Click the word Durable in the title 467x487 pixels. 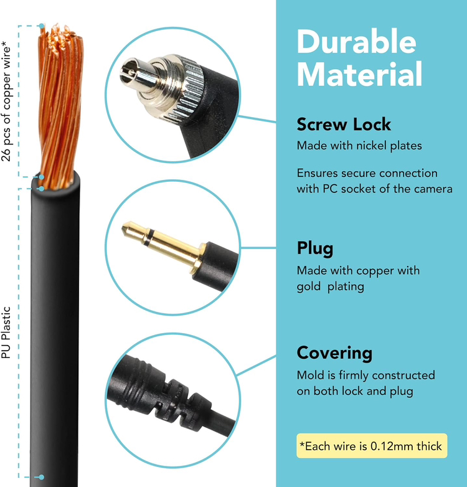(x=356, y=42)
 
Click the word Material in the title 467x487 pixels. (x=359, y=75)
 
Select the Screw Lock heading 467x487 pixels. (x=344, y=124)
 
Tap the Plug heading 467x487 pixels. (x=315, y=248)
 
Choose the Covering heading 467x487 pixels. (x=334, y=353)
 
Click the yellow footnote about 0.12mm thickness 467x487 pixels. (x=372, y=446)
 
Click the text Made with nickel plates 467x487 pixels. (x=359, y=146)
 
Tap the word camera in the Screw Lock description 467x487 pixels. (x=433, y=189)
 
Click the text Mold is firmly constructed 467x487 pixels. (x=366, y=376)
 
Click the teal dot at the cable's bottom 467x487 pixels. (x=41, y=478)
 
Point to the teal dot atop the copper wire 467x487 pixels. (x=42, y=26)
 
